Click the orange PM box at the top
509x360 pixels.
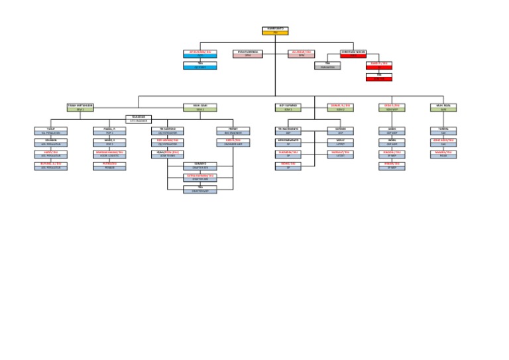click(275, 31)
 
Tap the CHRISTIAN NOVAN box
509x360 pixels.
click(353, 54)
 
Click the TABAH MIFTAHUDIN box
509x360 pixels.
click(80, 107)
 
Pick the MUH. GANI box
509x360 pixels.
click(200, 107)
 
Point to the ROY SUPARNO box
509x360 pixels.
click(288, 107)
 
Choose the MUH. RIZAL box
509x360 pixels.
click(443, 107)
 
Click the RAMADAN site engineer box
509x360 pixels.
click(139, 119)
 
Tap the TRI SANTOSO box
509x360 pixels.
click(167, 131)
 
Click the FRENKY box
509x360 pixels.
click(233, 131)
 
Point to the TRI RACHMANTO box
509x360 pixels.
click(288, 131)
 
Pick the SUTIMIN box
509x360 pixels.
click(341, 131)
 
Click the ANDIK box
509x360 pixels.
click(392, 131)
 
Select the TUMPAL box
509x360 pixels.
click(443, 131)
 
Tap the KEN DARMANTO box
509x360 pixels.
click(288, 143)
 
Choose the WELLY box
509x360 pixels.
click(341, 143)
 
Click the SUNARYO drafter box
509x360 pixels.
click(200, 166)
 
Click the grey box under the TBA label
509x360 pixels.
click(327, 67)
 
